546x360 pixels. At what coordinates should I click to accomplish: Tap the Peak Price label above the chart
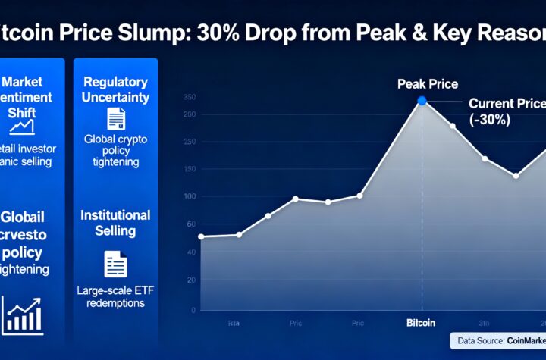pos(428,84)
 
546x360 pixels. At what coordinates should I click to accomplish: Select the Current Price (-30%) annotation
pos(507,111)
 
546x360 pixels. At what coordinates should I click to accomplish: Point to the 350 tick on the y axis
pos(190,97)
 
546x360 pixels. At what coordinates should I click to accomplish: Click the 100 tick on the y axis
pos(190,196)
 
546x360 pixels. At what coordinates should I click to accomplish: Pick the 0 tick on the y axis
pos(193,309)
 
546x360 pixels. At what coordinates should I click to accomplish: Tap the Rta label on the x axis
pos(234,323)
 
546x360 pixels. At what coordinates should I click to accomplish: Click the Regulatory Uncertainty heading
pos(116,89)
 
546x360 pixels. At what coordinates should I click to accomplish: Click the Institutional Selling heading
pos(115,222)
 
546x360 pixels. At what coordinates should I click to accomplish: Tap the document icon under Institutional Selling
pos(116,263)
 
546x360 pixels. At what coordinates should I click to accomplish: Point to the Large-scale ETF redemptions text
pos(115,296)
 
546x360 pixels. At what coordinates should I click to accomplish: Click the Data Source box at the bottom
pos(497,341)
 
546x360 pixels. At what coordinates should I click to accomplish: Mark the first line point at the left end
pos(201,237)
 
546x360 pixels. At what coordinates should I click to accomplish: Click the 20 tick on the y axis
pos(191,280)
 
